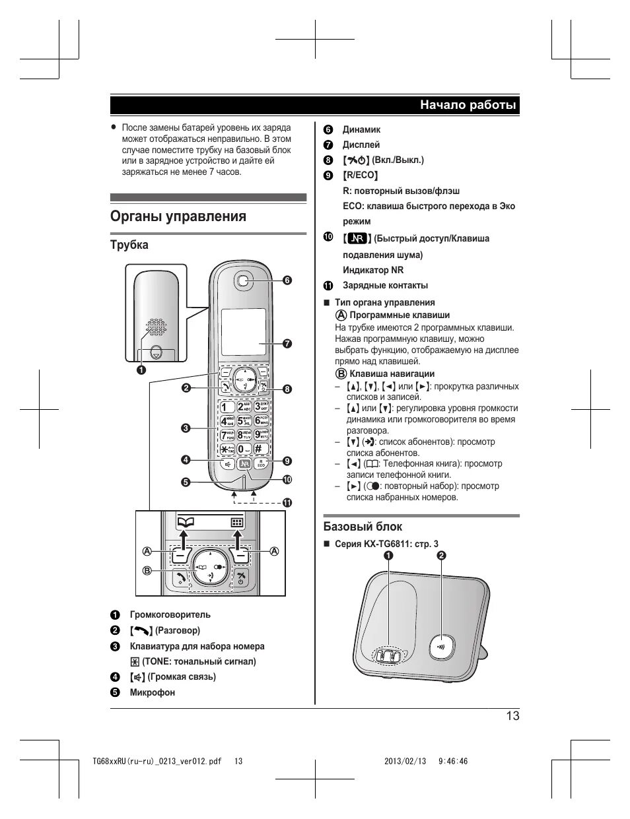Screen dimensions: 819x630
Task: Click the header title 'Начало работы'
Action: [x=468, y=106]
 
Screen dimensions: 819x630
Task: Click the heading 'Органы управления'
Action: [x=178, y=216]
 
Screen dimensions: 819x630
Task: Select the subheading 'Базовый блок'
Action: [x=362, y=526]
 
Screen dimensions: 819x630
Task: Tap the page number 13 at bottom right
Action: [x=512, y=716]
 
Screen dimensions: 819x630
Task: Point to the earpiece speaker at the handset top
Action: [x=244, y=280]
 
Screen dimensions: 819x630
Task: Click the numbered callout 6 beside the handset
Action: [x=287, y=280]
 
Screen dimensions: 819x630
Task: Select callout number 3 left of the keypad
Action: [x=186, y=428]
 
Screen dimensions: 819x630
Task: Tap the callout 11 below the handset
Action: [x=287, y=502]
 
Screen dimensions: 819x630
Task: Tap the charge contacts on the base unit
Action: [x=387, y=655]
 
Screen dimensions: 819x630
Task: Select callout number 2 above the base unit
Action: [x=441, y=556]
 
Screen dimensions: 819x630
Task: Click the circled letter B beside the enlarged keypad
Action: [x=148, y=570]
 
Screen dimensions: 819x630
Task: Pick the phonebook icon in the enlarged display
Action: [x=186, y=522]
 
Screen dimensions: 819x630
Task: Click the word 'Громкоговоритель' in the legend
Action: [x=170, y=615]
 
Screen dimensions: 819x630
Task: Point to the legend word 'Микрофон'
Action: [x=152, y=692]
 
